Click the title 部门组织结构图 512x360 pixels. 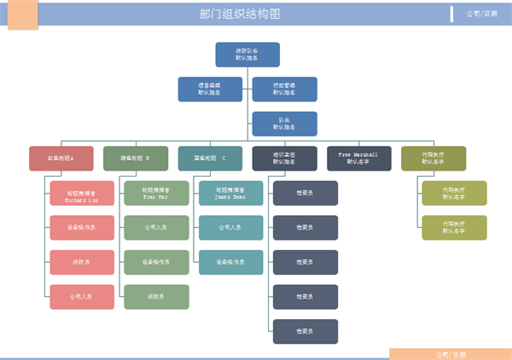(x=240, y=14)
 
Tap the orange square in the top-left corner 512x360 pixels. (x=23, y=15)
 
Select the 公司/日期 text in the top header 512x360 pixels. (x=482, y=14)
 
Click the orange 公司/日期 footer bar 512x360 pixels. (x=451, y=353)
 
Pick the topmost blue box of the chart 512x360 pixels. (x=247, y=55)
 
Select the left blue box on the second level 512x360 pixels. (x=210, y=90)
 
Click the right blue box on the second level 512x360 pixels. (x=284, y=90)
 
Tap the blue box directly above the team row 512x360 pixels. (x=284, y=124)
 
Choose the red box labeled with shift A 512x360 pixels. (x=61, y=159)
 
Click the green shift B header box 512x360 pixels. (x=136, y=159)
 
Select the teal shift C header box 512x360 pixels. (x=210, y=159)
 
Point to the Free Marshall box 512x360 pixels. (x=358, y=159)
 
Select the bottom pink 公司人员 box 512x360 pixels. (x=82, y=297)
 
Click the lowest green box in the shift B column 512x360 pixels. (x=156, y=297)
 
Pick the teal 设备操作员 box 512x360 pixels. (x=230, y=262)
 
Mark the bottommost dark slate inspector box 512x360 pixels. (x=305, y=331)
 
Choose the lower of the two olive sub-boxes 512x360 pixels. (x=454, y=228)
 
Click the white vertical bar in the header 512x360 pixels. (x=451, y=14)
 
